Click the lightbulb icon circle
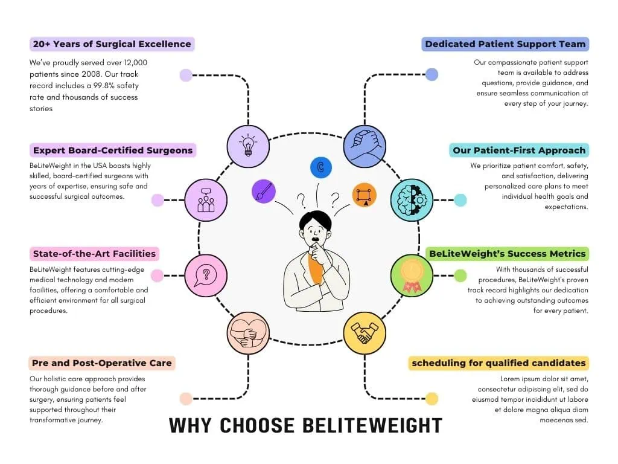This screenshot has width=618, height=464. pos(248,146)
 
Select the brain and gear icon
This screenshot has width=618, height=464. pos(412,200)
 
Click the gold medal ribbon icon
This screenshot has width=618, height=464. pos(412,275)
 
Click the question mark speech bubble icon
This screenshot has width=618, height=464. pos(206,275)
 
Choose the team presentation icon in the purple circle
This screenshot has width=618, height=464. pos(206,200)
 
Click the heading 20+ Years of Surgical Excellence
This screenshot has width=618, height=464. pos(112,44)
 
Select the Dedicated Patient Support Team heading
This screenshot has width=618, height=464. pos(505,44)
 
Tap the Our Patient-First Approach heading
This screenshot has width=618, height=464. pos(518,150)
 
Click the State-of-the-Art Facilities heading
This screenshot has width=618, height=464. pos(94,254)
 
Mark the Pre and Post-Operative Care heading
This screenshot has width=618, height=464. pos(103,363)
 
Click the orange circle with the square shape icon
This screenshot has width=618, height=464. pos(364,195)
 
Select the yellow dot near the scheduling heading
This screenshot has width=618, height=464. pos(432,399)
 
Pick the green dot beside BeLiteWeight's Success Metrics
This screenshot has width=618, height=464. pos(460,275)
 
